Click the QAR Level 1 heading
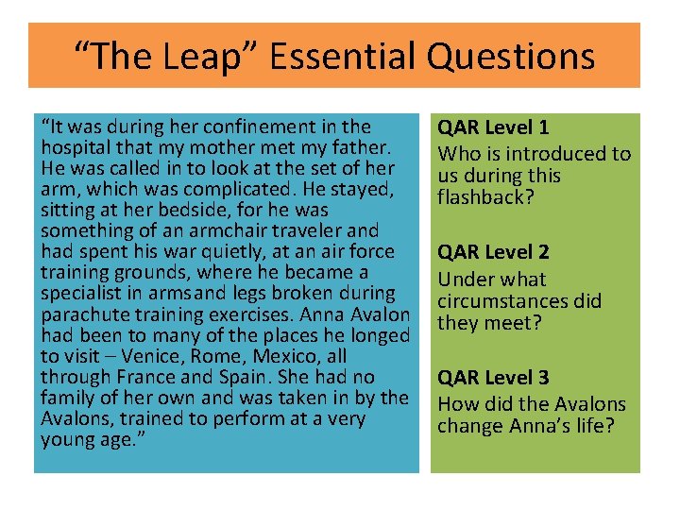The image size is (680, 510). (x=490, y=127)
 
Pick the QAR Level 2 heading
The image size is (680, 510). (x=490, y=252)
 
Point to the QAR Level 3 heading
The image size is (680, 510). (x=490, y=378)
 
